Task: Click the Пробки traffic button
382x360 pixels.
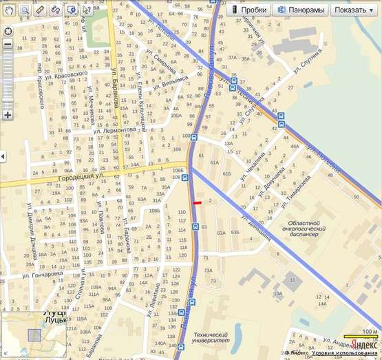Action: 248,10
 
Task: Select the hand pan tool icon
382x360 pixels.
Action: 8,10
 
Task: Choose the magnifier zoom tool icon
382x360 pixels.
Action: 24,10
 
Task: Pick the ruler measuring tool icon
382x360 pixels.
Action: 40,10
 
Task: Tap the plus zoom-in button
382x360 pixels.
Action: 8,115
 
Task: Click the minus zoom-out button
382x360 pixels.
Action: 8,44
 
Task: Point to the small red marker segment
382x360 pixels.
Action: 198,203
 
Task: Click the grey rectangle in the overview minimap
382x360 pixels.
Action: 34,335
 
